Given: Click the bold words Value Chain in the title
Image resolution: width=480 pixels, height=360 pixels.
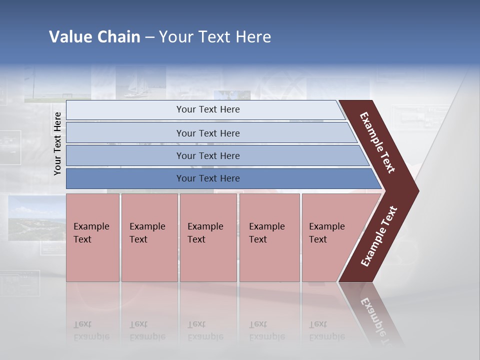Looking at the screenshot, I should [94, 37].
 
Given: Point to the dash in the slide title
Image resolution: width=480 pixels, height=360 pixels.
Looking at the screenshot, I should [149, 37].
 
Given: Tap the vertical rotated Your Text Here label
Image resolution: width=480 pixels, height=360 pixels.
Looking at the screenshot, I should [57, 143].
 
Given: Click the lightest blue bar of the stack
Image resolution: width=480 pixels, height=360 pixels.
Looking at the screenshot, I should [207, 109].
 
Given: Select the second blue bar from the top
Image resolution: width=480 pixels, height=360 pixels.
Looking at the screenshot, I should [207, 133].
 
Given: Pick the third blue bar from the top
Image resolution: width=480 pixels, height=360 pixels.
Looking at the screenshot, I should [207, 155].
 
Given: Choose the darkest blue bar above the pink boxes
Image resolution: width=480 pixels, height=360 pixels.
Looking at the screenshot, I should [207, 178].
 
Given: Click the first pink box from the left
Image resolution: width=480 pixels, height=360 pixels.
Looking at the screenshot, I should [92, 237].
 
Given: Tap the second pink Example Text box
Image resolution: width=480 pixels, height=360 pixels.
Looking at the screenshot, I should [149, 237].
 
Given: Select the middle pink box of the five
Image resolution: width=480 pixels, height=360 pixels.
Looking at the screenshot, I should [208, 237].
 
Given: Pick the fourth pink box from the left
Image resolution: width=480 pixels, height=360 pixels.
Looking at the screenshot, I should [269, 237].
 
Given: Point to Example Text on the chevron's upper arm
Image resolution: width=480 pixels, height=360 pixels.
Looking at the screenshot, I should [377, 142].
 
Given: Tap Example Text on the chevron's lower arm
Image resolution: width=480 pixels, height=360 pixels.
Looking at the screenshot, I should [378, 236].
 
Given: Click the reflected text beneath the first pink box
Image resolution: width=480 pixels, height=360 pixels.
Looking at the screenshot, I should [91, 330].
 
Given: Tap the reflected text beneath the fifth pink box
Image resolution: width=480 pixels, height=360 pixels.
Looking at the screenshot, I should [326, 330].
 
